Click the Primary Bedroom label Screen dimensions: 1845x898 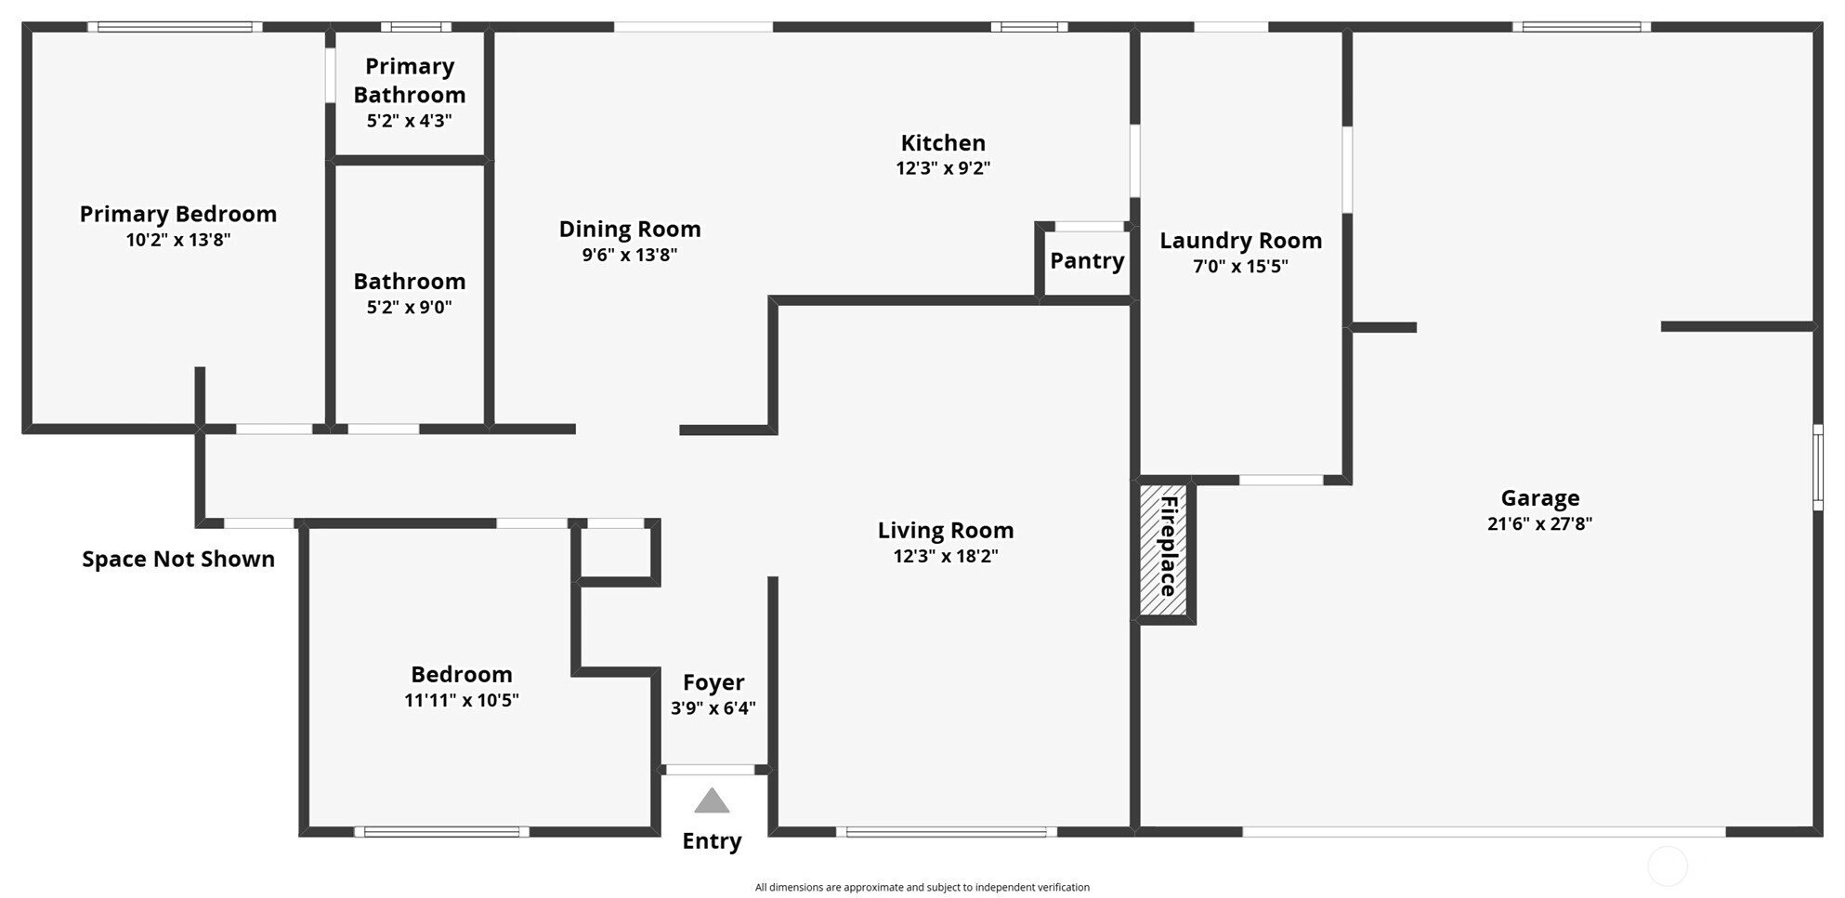click(x=178, y=214)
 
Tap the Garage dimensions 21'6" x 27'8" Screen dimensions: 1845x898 click(x=1539, y=523)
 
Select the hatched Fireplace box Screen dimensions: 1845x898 click(x=1164, y=549)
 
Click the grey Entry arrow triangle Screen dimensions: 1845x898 click(x=712, y=800)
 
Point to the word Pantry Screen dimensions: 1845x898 click(x=1087, y=261)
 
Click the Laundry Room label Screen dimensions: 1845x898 click(x=1241, y=241)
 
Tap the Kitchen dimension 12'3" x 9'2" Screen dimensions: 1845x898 click(x=943, y=168)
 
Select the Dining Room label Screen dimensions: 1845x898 click(x=630, y=230)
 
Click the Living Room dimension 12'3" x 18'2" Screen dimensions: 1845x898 click(x=946, y=556)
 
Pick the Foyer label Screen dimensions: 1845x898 click(x=713, y=683)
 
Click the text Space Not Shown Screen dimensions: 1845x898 click(x=178, y=559)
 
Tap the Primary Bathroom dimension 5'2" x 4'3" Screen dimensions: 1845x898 click(x=410, y=121)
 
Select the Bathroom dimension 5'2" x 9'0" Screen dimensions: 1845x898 click(x=410, y=308)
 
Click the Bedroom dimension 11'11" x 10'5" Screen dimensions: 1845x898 click(x=462, y=700)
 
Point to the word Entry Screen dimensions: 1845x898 click(x=712, y=841)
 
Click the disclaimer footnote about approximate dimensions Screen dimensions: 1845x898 click(x=922, y=887)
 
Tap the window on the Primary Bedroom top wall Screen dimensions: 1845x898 click(x=176, y=27)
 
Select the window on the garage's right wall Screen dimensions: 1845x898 click(x=1818, y=468)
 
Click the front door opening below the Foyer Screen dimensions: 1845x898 click(x=711, y=770)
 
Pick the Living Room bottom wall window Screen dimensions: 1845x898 click(x=947, y=832)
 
